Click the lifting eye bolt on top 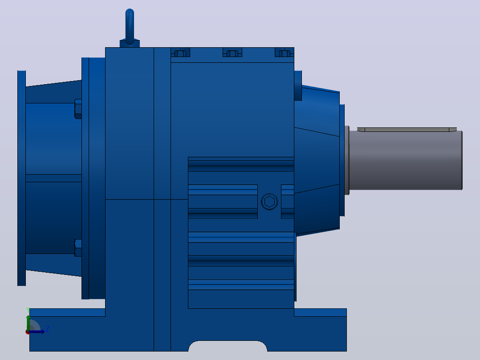coord(130,26)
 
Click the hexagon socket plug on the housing coord(269,201)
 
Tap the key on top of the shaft coord(407,130)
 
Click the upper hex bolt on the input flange coord(78,109)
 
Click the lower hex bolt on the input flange coord(78,248)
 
